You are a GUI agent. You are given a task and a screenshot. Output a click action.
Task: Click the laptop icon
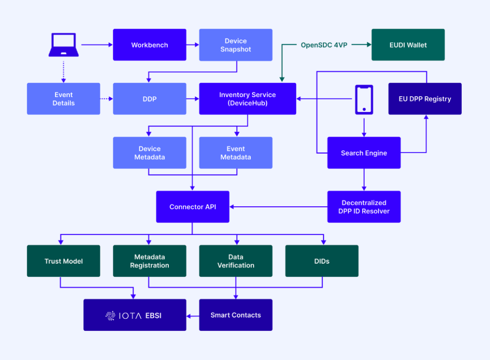[63, 45]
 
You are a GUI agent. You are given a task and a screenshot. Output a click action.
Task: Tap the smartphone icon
[364, 100]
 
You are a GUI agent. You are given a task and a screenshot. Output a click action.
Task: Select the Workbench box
[149, 45]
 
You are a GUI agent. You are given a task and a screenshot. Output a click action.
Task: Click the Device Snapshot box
[235, 45]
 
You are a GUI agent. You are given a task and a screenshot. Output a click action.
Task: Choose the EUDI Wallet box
[408, 45]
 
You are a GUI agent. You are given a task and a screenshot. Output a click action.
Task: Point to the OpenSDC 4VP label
[324, 45]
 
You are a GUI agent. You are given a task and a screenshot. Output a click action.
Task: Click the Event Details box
[63, 99]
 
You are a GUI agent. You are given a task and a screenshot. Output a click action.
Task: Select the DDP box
[149, 99]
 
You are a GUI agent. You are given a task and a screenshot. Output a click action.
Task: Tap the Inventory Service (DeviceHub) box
[247, 99]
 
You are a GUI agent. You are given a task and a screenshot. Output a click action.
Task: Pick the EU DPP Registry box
[424, 99]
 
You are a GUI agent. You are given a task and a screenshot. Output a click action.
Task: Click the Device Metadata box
[149, 153]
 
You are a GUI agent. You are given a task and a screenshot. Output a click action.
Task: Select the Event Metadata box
[235, 153]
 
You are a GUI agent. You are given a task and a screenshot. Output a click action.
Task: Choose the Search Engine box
[364, 153]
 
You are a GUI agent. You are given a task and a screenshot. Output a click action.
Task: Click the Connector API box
[192, 207]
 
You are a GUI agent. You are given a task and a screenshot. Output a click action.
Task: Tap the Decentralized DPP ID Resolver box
[364, 207]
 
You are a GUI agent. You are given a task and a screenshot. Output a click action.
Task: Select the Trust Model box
[63, 261]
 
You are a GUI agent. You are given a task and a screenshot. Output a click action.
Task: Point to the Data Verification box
[235, 261]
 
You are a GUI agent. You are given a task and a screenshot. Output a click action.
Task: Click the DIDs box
[322, 261]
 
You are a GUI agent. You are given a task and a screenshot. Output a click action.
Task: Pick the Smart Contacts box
[235, 315]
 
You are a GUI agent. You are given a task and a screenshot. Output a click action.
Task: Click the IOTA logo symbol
[110, 315]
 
